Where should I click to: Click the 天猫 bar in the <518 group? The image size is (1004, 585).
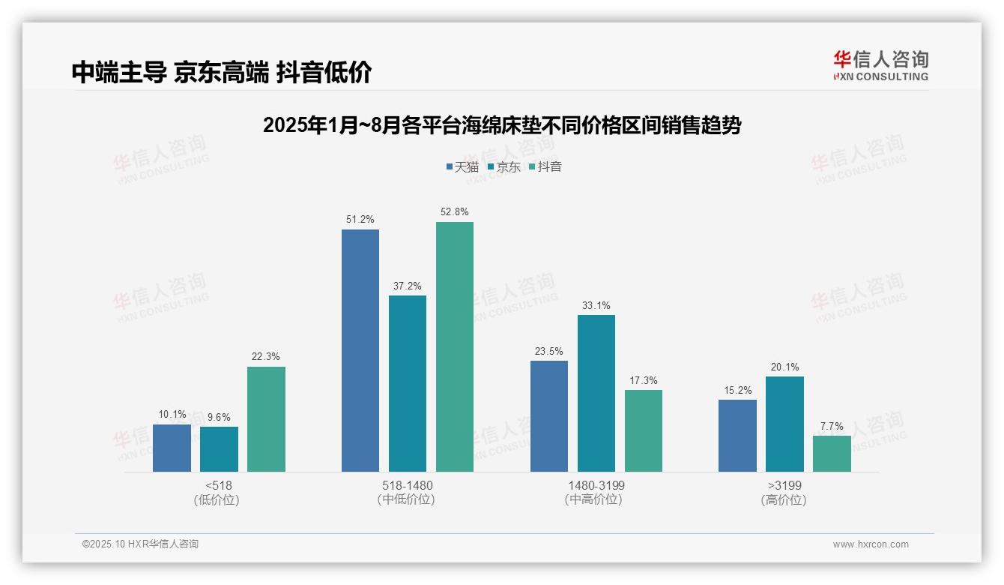172,448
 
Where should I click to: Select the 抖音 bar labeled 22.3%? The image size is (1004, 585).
266,419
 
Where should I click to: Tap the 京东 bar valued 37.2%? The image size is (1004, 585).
407,383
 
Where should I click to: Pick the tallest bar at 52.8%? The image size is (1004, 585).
455,346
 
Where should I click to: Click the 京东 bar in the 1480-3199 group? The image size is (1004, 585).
596,393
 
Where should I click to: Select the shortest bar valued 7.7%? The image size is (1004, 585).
832,454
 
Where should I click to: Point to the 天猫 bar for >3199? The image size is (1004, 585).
737,436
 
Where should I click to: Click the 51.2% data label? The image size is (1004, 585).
360,220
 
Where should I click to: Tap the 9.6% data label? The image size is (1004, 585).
219,417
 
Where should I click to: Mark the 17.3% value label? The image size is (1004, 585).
644,380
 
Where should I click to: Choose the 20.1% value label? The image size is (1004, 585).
784,367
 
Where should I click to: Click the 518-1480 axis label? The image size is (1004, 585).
407,485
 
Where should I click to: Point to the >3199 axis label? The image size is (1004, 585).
784,485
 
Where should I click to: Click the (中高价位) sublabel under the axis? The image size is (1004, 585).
596,499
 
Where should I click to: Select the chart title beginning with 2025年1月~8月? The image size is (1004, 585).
501,125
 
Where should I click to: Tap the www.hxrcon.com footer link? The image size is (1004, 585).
871,544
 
